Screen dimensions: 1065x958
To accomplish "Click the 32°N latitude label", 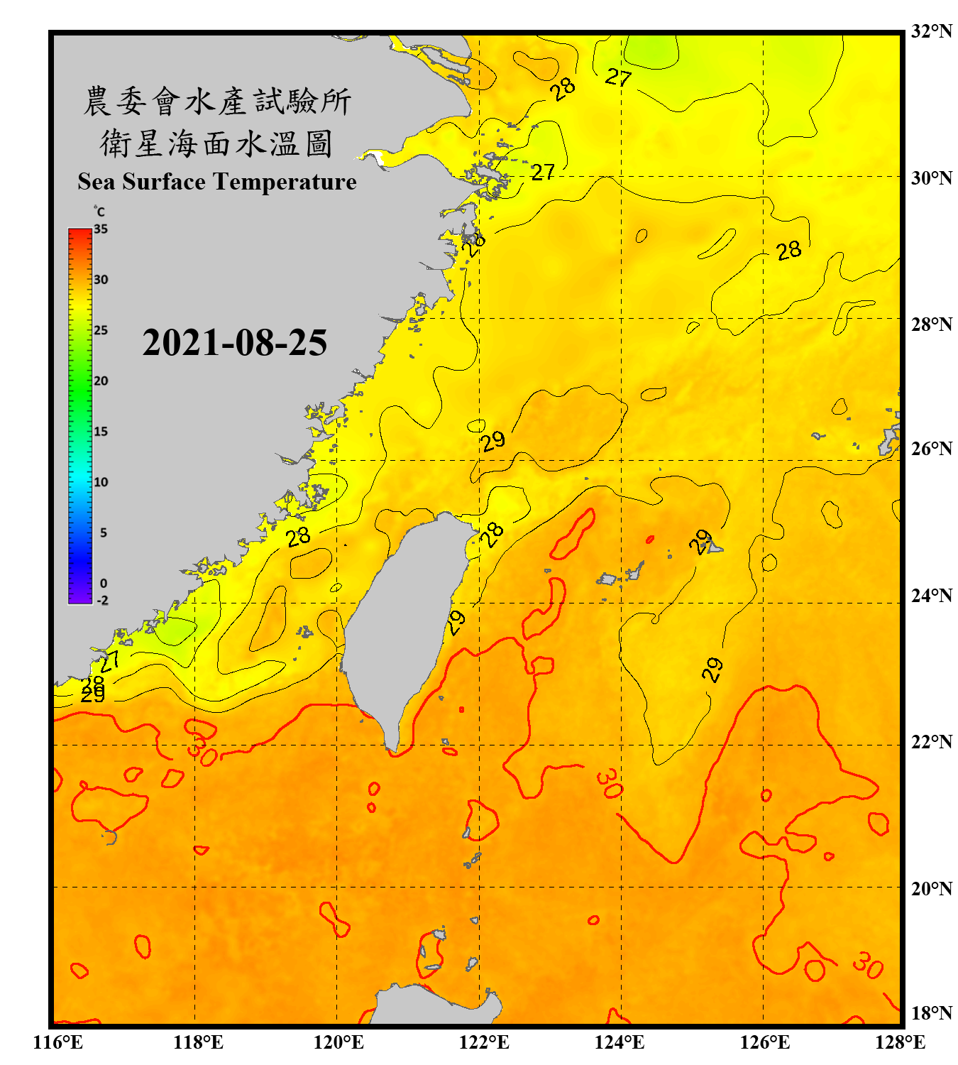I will point(931,31).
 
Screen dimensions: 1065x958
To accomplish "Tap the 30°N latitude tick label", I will point(931,177).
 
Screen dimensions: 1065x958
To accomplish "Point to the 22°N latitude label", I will point(931,742).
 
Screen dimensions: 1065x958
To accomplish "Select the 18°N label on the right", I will point(931,1013).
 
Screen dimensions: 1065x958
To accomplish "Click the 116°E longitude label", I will point(57,1042).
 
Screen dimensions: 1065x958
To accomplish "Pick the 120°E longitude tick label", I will point(338,1042).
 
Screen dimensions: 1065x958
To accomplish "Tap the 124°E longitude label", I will point(620,1042).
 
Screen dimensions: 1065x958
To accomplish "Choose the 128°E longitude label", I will point(900,1042).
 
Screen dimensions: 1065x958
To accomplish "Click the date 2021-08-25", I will point(235,343).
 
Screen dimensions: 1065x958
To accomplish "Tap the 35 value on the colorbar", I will point(101,229).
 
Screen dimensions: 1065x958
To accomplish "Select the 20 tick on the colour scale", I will point(101,381).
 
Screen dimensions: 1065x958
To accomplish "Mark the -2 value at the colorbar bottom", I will point(102,601).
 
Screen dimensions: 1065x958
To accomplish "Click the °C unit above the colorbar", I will point(99,212).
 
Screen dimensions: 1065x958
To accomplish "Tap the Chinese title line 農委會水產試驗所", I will point(217,101).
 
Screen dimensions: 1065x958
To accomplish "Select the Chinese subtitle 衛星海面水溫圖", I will point(216,143).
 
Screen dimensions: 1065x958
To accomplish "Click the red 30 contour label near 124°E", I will point(610,783).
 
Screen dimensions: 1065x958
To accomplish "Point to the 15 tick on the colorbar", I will point(101,432).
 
